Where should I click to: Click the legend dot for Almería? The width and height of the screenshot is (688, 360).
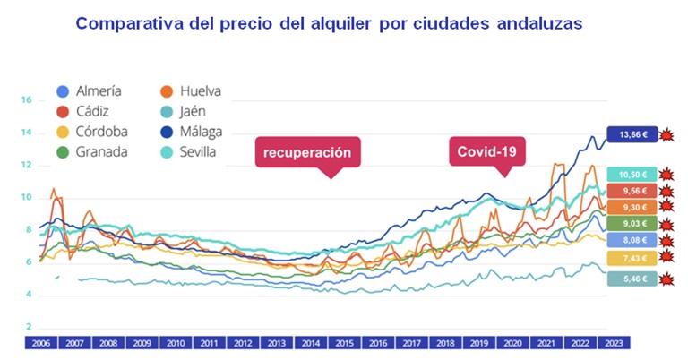(x=62, y=91)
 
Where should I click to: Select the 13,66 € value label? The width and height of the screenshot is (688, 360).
(x=631, y=135)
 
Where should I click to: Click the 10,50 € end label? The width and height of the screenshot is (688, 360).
(x=631, y=175)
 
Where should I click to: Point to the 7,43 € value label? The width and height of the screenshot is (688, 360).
(x=631, y=258)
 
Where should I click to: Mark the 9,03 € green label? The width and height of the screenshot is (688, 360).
(x=631, y=224)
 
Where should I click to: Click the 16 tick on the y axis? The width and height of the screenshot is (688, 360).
(x=27, y=100)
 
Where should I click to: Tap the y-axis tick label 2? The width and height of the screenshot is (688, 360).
(x=29, y=327)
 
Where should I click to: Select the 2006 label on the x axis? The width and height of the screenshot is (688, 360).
(x=41, y=342)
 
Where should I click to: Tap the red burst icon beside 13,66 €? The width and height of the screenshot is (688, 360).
(x=666, y=135)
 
